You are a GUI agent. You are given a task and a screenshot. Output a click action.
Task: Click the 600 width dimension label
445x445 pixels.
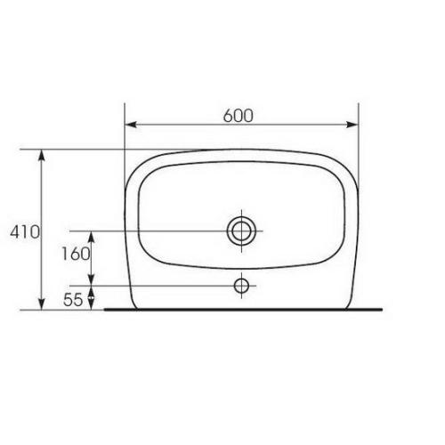coord(239,116)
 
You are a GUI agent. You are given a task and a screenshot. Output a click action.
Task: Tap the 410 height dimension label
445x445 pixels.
coord(25,231)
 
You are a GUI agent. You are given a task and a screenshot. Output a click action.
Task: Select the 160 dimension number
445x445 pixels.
coord(76,254)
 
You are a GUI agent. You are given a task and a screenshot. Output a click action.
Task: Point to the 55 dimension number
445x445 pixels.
coord(73,299)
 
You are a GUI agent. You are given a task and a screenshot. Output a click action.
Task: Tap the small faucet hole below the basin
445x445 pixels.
coord(241,286)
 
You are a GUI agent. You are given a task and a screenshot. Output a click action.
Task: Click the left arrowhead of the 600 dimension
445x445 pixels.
coord(131,125)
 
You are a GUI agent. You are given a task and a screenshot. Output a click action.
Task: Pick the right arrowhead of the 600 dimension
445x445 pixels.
coord(352,125)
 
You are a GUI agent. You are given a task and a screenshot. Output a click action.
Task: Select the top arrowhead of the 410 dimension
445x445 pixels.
coord(42,156)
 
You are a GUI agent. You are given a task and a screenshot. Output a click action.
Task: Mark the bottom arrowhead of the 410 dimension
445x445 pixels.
coord(42,303)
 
